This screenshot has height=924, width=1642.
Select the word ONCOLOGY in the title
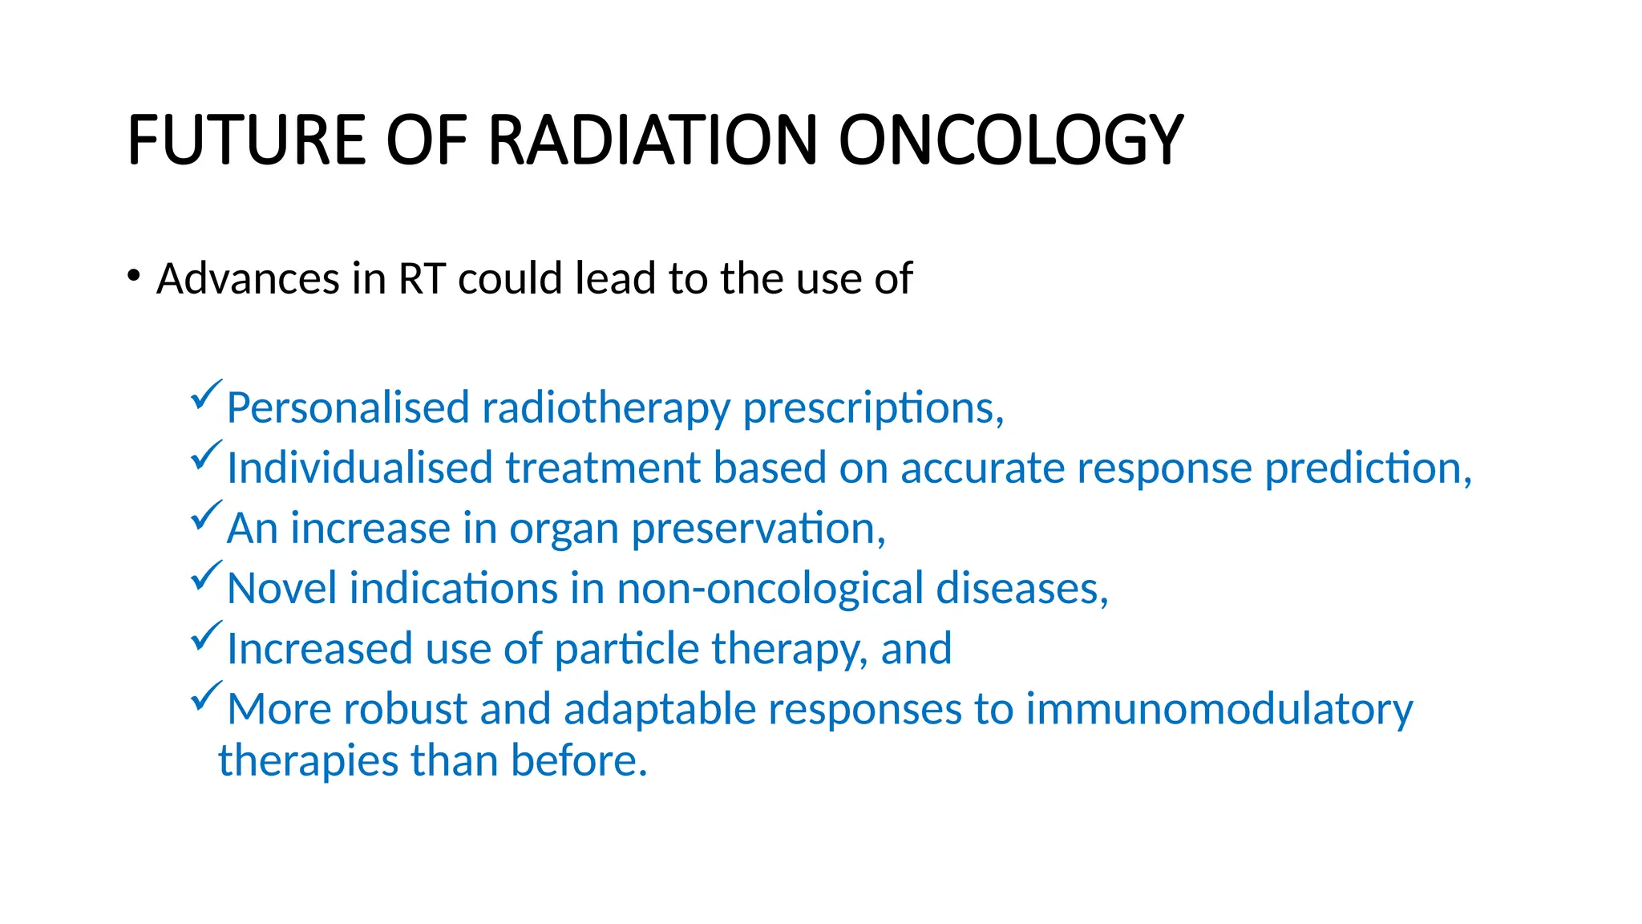click(x=1011, y=140)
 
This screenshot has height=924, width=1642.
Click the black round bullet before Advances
click(x=134, y=277)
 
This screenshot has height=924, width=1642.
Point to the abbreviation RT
click(x=422, y=279)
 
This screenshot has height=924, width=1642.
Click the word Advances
click(x=248, y=279)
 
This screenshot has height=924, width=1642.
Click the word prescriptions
click(x=872, y=409)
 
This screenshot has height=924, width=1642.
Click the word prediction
click(x=1367, y=468)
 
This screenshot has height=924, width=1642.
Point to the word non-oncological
click(x=770, y=590)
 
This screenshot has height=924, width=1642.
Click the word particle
click(x=626, y=649)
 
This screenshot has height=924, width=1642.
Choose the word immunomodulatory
click(x=1219, y=710)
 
